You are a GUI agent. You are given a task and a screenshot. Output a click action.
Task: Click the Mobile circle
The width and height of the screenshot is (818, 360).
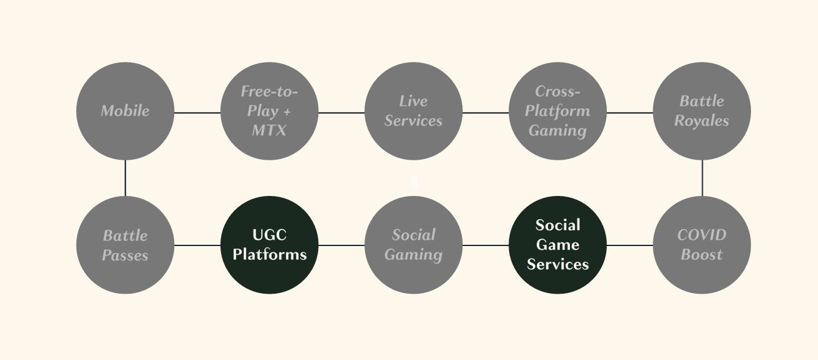pos(125,111)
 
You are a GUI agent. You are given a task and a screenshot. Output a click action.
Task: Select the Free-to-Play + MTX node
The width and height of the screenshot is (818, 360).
pos(269,111)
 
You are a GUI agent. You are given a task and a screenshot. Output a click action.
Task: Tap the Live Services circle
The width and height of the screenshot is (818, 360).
pos(413,111)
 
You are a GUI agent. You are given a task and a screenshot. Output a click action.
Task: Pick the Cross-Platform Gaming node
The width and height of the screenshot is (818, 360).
pos(557,111)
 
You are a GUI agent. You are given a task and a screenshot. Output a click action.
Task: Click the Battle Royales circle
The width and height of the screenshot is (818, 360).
pos(702,111)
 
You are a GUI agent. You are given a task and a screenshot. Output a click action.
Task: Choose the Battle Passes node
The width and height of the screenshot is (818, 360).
pos(125,245)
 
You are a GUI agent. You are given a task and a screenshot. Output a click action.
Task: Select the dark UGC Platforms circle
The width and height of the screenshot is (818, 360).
pos(269,245)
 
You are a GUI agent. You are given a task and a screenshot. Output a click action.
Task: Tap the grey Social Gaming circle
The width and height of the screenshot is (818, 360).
pos(413,245)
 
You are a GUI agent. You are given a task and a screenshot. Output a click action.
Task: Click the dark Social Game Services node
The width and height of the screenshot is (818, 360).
pos(557,245)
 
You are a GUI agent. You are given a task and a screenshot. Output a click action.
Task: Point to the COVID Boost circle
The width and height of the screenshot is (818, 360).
pos(702,245)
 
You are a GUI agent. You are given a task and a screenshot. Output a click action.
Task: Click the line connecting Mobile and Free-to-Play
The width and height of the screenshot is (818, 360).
pos(197,113)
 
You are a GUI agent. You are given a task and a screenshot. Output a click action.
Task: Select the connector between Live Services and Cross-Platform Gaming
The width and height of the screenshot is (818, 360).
pos(485,113)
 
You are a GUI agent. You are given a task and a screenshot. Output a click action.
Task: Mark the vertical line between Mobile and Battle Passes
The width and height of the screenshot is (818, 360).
pos(125,178)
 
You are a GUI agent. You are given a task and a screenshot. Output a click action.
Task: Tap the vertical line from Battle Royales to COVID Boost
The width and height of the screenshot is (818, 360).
pos(702,178)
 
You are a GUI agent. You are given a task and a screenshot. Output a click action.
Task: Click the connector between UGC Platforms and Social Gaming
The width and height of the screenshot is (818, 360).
pos(341,245)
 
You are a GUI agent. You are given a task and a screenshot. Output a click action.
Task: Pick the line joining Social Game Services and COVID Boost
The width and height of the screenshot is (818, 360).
pos(629,245)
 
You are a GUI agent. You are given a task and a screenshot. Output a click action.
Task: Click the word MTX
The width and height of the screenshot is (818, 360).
pos(269,131)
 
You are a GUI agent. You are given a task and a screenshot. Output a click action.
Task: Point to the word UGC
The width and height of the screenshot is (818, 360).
pos(269,235)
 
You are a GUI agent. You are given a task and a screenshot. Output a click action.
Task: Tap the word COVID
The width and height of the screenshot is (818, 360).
pos(702,235)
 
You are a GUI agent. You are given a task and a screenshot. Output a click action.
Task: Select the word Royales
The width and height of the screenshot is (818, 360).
pos(702,121)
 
